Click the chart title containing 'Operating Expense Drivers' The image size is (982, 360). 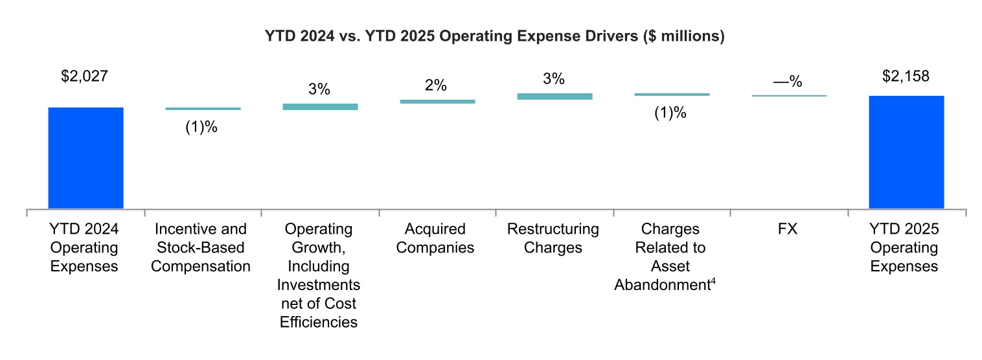[494, 37]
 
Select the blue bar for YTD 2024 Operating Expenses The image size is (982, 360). [86, 158]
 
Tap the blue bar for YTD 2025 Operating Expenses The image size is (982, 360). [906, 152]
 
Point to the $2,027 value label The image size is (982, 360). [84, 76]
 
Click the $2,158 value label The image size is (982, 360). [906, 76]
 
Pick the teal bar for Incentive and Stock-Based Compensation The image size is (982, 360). [203, 109]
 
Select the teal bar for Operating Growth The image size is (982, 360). [320, 106]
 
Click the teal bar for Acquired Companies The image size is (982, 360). [437, 101]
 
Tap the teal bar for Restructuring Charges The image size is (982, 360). [554, 96]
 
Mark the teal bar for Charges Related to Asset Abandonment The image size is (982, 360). [672, 95]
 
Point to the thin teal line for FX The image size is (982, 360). [789, 96]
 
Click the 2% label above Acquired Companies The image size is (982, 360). [437, 86]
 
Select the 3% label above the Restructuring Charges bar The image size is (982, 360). [554, 80]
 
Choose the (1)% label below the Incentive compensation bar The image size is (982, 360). [201, 127]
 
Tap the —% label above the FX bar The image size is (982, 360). [788, 82]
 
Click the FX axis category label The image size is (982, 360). [788, 229]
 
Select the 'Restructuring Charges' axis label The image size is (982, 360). [554, 238]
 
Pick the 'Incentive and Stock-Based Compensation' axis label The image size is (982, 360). [201, 247]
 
